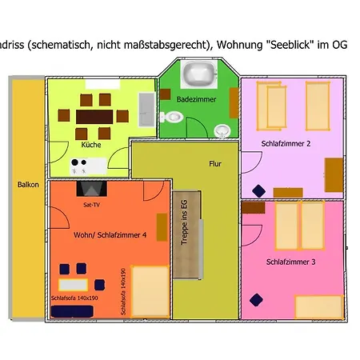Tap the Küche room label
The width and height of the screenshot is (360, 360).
click(91, 145)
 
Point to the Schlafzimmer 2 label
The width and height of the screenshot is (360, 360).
click(286, 144)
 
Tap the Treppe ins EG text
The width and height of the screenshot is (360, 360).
click(184, 222)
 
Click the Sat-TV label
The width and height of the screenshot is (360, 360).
click(91, 206)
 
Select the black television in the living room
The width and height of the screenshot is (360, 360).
click(90, 190)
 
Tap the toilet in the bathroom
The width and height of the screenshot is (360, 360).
click(175, 117)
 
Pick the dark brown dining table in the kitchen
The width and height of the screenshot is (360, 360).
click(94, 117)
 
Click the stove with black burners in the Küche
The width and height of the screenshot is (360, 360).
click(79, 166)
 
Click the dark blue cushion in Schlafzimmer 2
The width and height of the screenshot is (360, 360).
click(258, 190)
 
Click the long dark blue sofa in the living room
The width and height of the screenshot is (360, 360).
click(72, 284)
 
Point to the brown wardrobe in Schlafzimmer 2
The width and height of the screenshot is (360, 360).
click(334, 174)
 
